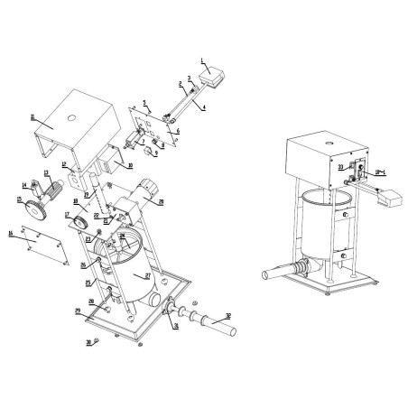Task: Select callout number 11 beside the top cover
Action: pyautogui.click(x=33, y=116)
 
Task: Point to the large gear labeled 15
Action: pyautogui.click(x=39, y=210)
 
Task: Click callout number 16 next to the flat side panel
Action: pyautogui.click(x=10, y=234)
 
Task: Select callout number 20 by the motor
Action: pyautogui.click(x=162, y=202)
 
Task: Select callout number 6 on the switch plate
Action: pyautogui.click(x=178, y=132)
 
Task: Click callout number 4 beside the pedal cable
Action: pyautogui.click(x=203, y=108)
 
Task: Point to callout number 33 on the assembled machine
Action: pyautogui.click(x=340, y=167)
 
